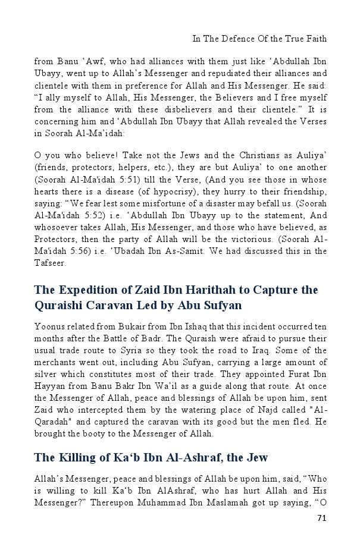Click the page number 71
click(321, 519)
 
